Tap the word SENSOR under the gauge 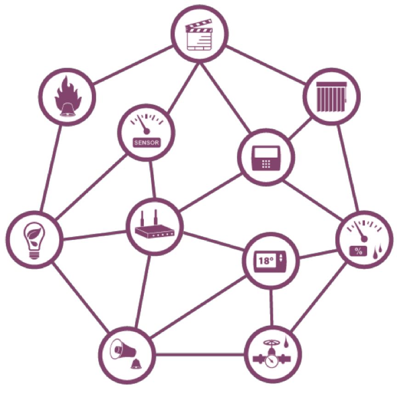146,142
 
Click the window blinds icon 332,96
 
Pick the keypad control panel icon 266,158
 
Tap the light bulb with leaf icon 34,240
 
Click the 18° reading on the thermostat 266,260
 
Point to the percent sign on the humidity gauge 358,251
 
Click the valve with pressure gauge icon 272,353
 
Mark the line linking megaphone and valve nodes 200,354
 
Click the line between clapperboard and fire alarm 133,65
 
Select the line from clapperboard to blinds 266,65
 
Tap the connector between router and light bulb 95,235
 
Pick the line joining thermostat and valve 272,307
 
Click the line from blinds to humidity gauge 348,168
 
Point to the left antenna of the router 142,218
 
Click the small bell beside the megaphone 136,364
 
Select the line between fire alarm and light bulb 51,168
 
